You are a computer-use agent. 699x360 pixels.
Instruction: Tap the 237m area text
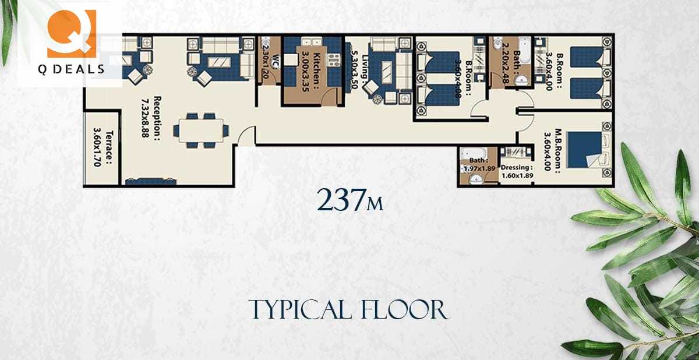(349, 200)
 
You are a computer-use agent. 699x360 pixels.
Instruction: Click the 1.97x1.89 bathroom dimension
(479, 168)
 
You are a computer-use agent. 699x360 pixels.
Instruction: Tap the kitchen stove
(334, 59)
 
